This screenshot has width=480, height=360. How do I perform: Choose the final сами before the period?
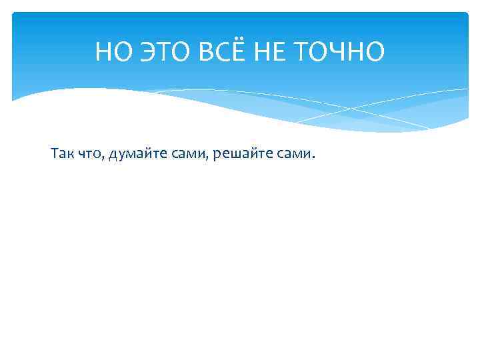293,155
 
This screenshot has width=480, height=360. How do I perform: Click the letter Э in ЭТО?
141,51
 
